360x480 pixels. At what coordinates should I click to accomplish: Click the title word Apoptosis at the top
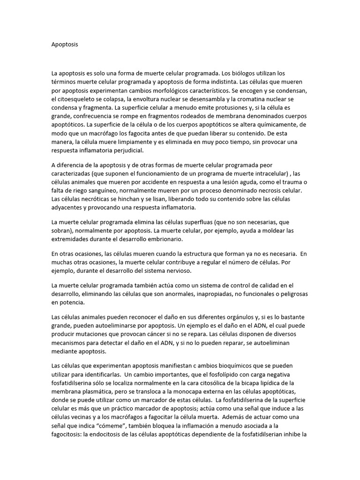65,45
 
